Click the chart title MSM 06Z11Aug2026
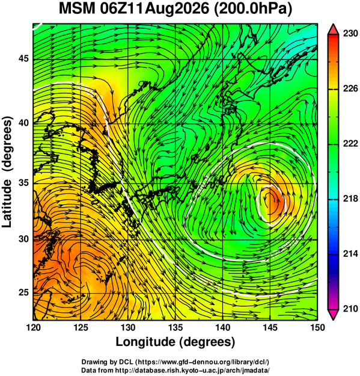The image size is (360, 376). pyautogui.click(x=134, y=9)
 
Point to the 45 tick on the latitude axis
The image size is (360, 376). pyautogui.click(x=23, y=58)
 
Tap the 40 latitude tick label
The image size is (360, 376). pyautogui.click(x=23, y=123)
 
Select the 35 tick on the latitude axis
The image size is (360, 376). pyautogui.click(x=23, y=183)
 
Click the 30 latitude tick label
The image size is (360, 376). pyautogui.click(x=23, y=239)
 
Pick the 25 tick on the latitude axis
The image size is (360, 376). pyautogui.click(x=23, y=293)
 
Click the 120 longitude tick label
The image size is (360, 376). pyautogui.click(x=33, y=327)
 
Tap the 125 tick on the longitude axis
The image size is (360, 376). pyautogui.click(x=81, y=327)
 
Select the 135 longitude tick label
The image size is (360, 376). pyautogui.click(x=175, y=327)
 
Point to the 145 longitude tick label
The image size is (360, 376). pyautogui.click(x=270, y=327)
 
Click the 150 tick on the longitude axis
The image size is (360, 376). pyautogui.click(x=317, y=327)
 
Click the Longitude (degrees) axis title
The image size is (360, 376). pyautogui.click(x=175, y=342)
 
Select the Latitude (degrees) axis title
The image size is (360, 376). pyautogui.click(x=7, y=172)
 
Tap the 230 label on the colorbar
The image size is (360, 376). pyautogui.click(x=350, y=34)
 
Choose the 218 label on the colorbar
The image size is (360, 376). pyautogui.click(x=350, y=199)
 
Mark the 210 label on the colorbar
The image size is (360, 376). pyautogui.click(x=350, y=309)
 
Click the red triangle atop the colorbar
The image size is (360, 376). pyautogui.click(x=334, y=29)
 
